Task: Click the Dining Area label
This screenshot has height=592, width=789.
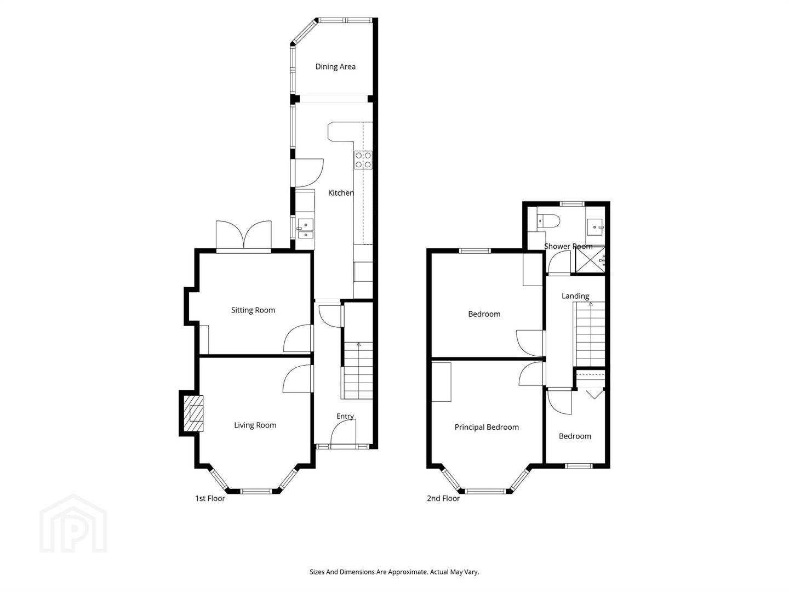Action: pyautogui.click(x=335, y=67)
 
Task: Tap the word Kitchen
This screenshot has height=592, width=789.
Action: pyautogui.click(x=341, y=193)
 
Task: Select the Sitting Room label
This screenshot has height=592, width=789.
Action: pyautogui.click(x=253, y=310)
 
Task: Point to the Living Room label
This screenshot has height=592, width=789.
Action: pyautogui.click(x=255, y=425)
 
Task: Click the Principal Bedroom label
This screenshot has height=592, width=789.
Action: pyautogui.click(x=487, y=427)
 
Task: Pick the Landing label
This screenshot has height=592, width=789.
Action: pyautogui.click(x=575, y=296)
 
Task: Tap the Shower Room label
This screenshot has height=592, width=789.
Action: pyautogui.click(x=568, y=247)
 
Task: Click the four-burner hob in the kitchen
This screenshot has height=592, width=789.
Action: pyautogui.click(x=363, y=160)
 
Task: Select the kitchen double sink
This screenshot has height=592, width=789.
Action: pyautogui.click(x=305, y=229)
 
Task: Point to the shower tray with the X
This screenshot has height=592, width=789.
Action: pyautogui.click(x=590, y=259)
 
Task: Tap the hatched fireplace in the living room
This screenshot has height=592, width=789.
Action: pyautogui.click(x=193, y=413)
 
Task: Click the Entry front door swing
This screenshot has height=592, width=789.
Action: pyautogui.click(x=344, y=433)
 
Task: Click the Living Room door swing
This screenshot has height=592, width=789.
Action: pyautogui.click(x=297, y=379)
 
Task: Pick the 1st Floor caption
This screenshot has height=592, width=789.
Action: pyautogui.click(x=210, y=499)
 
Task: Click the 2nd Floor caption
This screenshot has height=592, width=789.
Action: pyautogui.click(x=443, y=499)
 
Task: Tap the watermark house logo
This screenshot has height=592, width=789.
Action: pyautogui.click(x=73, y=523)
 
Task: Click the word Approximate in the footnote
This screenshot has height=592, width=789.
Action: pyautogui.click(x=408, y=572)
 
